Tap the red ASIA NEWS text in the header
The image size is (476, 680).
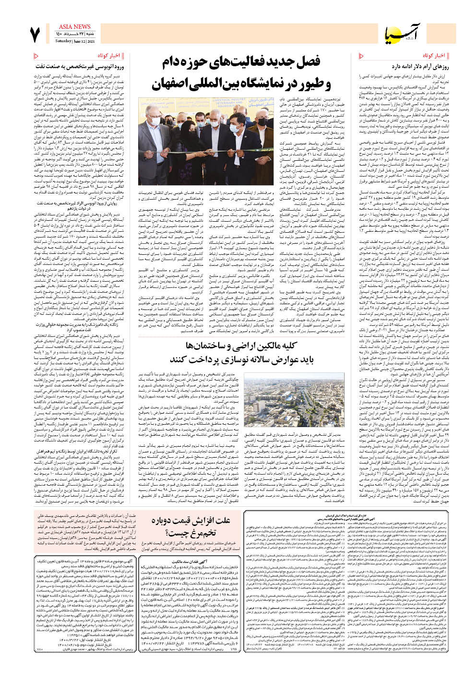click(74, 27)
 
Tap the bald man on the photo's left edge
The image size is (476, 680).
click(146, 144)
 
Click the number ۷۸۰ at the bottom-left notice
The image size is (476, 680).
click(40, 649)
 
